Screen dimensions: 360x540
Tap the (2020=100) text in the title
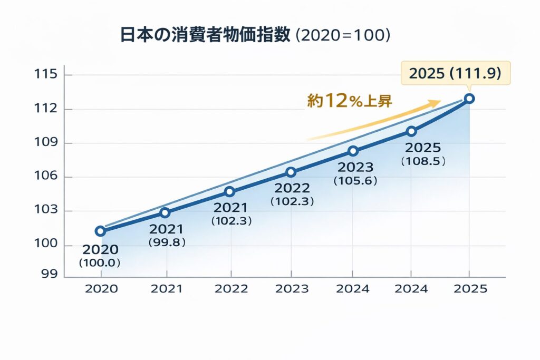(343, 36)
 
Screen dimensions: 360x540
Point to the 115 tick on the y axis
(45, 74)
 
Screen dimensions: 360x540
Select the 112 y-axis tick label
(45, 109)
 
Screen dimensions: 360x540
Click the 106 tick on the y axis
(45, 177)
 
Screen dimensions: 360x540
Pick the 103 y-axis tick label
(45, 211)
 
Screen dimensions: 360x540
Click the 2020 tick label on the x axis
(101, 289)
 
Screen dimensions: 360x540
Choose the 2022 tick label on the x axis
(232, 289)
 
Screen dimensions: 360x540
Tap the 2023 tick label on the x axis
(292, 289)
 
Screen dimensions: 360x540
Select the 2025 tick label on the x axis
(470, 289)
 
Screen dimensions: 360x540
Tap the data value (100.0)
(100, 262)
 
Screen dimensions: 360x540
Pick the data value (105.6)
(353, 180)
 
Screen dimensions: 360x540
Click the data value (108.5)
(423, 161)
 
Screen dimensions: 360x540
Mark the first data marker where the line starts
(100, 231)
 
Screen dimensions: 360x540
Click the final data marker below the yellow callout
(469, 99)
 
